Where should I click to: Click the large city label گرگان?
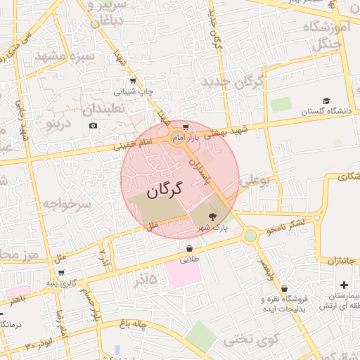(165, 190)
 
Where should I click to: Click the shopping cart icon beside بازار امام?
(186, 127)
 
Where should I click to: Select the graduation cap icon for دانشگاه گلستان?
(326, 101)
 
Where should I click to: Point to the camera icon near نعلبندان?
(94, 126)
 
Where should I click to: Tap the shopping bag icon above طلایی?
(190, 248)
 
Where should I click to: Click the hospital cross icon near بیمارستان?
(343, 285)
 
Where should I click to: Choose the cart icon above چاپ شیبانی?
(133, 82)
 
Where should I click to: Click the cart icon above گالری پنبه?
(61, 272)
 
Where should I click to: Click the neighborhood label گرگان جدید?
(232, 82)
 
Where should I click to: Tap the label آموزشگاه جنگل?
(326, 36)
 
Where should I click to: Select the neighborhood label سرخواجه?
(67, 204)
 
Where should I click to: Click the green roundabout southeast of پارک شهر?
(250, 236)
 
